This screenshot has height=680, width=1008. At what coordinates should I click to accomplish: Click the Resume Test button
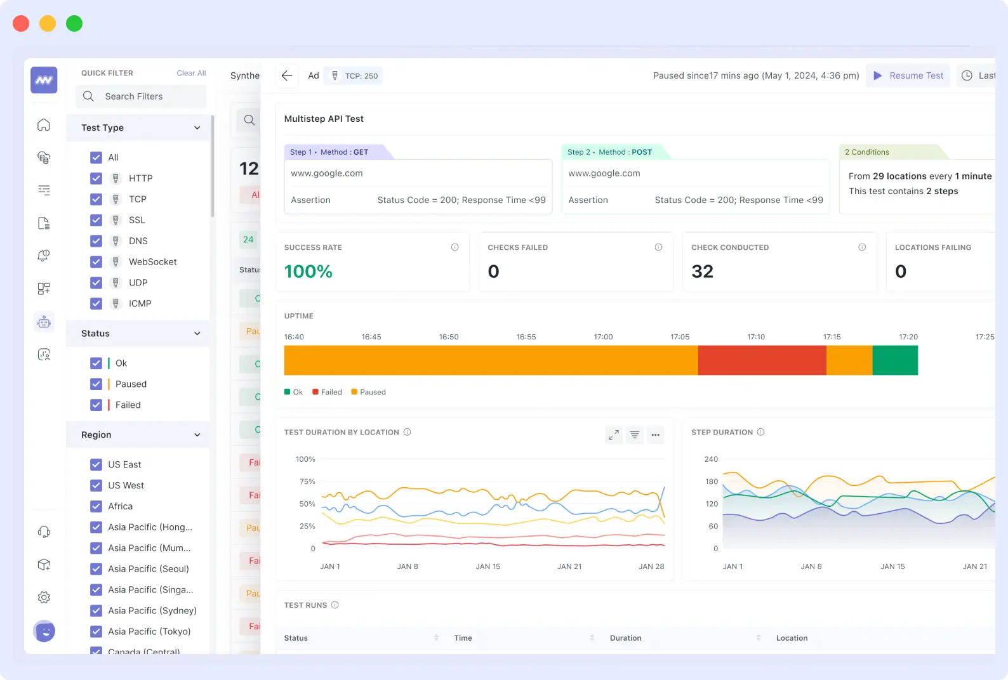tap(908, 75)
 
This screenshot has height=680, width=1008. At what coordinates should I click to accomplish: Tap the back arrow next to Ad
tap(287, 75)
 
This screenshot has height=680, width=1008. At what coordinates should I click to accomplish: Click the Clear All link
tap(191, 73)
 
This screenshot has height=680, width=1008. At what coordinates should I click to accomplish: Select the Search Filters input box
tap(141, 96)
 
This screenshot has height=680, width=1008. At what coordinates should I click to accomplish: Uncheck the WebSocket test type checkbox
tap(96, 262)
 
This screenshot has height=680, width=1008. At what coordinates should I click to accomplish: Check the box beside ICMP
tap(96, 304)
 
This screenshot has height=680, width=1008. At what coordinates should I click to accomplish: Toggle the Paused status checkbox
tap(96, 384)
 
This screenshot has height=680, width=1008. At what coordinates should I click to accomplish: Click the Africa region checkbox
tap(96, 506)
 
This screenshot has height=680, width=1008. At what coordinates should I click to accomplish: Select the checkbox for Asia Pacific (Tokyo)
tap(96, 632)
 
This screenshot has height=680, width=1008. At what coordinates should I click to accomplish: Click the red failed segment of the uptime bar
tap(762, 360)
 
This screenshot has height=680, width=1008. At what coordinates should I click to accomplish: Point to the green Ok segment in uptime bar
tap(895, 360)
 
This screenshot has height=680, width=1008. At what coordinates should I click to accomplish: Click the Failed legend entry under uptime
tap(328, 392)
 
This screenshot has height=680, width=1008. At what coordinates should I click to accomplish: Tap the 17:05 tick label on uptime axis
tap(680, 337)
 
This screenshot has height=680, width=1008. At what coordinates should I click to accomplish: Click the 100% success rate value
tap(308, 271)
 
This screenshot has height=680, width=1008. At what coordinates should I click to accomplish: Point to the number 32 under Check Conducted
tap(702, 271)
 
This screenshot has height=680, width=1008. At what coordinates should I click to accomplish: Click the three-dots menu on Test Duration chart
tap(656, 435)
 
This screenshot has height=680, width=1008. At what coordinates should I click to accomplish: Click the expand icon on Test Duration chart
tap(614, 435)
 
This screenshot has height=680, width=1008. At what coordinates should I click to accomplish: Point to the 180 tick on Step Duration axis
tap(712, 481)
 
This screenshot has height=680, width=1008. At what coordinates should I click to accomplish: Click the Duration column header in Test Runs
tap(626, 638)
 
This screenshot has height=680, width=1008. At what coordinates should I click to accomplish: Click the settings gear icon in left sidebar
tap(44, 598)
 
